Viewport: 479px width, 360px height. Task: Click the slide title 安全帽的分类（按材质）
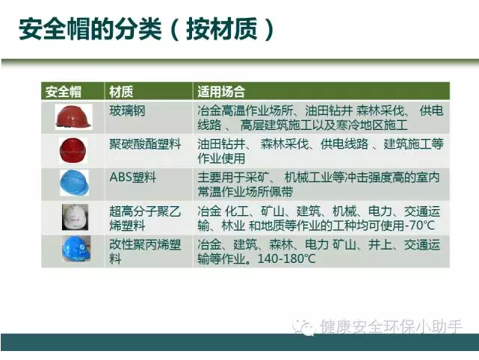tap(146, 30)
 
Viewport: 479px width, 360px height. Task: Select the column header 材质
tap(121, 92)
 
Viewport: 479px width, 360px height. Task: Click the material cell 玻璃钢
tap(127, 111)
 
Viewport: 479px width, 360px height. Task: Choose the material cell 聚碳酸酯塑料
tap(145, 144)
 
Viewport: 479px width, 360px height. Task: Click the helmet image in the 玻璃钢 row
tap(72, 117)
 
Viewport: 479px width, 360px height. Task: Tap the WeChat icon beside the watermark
tap(305, 326)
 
